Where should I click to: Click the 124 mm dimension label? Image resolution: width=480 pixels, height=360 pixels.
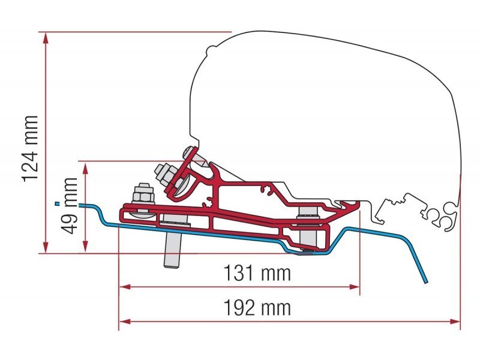tap(30, 148)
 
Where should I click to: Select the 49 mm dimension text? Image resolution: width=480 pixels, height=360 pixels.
tap(69, 206)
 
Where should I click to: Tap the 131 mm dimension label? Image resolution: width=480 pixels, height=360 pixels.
tap(257, 273)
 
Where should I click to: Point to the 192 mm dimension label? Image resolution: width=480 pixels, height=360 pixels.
tap(257, 308)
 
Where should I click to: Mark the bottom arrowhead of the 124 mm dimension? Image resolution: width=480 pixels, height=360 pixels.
tap(46, 247)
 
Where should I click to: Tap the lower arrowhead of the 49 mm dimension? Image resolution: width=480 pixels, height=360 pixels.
tap(85, 247)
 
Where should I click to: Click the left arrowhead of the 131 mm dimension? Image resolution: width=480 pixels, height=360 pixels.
tap(125, 287)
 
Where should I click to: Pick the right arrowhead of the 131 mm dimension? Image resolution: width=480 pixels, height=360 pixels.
tap(354, 287)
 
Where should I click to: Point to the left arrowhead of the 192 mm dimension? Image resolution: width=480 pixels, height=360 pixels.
tap(125, 322)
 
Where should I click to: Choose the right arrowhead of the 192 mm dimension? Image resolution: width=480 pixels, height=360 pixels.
tap(454, 322)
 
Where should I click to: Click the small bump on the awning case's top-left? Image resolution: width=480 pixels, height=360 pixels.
tap(212, 50)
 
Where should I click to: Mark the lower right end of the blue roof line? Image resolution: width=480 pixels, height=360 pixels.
tap(425, 282)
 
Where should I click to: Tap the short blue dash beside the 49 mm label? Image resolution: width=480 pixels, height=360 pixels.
tap(56, 203)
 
